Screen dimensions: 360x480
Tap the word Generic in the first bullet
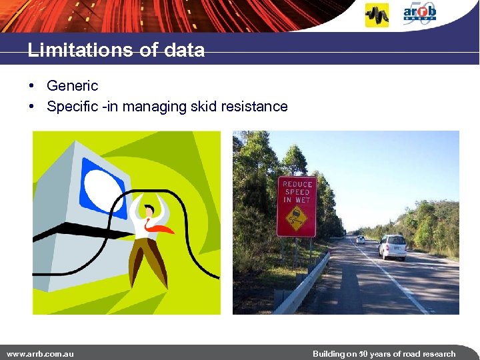click(x=72, y=85)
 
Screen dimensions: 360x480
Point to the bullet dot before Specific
click(x=32, y=107)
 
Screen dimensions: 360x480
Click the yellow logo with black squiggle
click(x=377, y=15)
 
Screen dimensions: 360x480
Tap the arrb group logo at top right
click(x=419, y=13)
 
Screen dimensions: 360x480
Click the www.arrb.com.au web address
click(x=40, y=353)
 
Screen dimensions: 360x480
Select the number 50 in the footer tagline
click(x=363, y=353)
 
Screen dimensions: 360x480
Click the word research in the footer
click(x=437, y=353)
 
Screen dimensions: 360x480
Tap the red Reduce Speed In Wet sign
click(x=297, y=206)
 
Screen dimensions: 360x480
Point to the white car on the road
click(x=393, y=247)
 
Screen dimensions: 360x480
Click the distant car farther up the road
click(x=361, y=239)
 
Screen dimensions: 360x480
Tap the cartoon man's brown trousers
click(x=148, y=260)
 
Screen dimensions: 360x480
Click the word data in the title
click(x=186, y=50)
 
